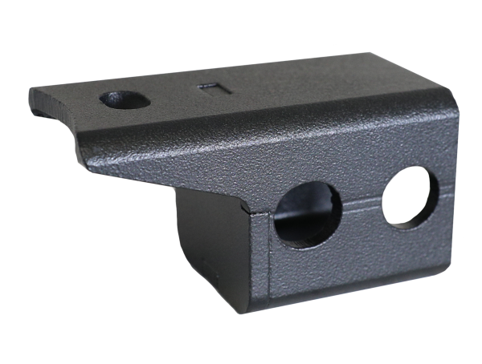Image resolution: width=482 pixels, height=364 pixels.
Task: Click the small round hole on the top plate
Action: click(124, 99)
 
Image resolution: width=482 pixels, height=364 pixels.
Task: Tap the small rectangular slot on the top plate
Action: click(210, 87)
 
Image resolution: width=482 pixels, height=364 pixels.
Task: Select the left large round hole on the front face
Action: click(307, 213)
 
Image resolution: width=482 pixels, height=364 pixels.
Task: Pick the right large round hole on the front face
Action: click(410, 196)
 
